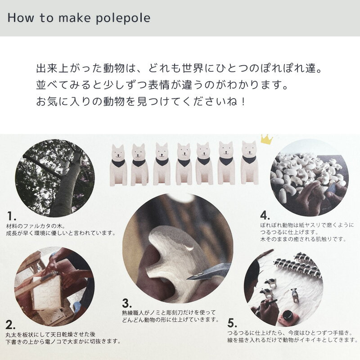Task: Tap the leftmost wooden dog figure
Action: point(117,164)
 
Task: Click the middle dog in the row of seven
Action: point(183,164)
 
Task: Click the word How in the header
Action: point(19,19)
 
